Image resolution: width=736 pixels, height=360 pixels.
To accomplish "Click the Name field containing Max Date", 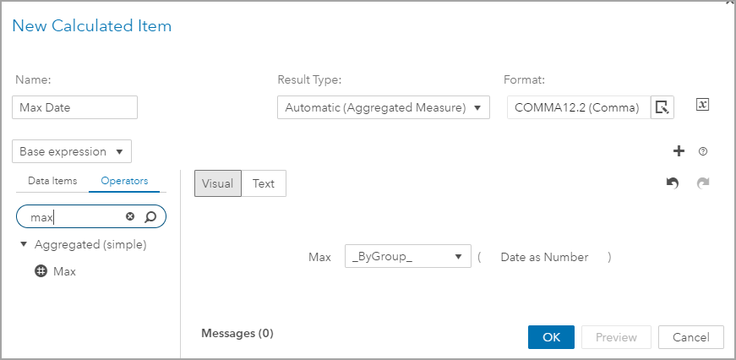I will click(74, 107).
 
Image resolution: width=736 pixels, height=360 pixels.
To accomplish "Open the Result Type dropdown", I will click(384, 107).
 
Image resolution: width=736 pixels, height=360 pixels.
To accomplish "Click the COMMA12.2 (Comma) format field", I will click(578, 107).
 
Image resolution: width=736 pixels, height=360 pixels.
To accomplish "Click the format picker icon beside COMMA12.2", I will click(662, 107).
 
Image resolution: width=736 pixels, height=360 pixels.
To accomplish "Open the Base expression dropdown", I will click(73, 152).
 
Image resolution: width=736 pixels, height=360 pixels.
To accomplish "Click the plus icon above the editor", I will click(678, 151).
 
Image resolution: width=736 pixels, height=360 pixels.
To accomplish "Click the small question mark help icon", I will click(702, 152).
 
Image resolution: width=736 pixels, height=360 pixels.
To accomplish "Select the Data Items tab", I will click(52, 181).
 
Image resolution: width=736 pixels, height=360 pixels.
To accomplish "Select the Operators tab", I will click(124, 181).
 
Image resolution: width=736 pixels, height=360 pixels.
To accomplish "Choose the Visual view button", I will click(218, 183).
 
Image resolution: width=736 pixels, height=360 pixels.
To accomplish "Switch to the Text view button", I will click(264, 183).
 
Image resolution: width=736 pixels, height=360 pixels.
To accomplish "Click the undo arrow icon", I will click(673, 183).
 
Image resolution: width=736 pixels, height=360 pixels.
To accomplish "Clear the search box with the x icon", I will click(130, 217).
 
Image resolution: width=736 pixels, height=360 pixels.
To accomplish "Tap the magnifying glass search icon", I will click(150, 217).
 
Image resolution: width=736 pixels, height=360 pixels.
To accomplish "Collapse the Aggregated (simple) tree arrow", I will click(24, 245).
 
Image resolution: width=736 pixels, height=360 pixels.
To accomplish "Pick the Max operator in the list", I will click(64, 272).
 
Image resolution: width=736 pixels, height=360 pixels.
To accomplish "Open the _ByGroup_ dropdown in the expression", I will click(408, 257).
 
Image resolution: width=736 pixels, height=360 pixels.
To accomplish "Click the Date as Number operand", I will click(544, 257).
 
